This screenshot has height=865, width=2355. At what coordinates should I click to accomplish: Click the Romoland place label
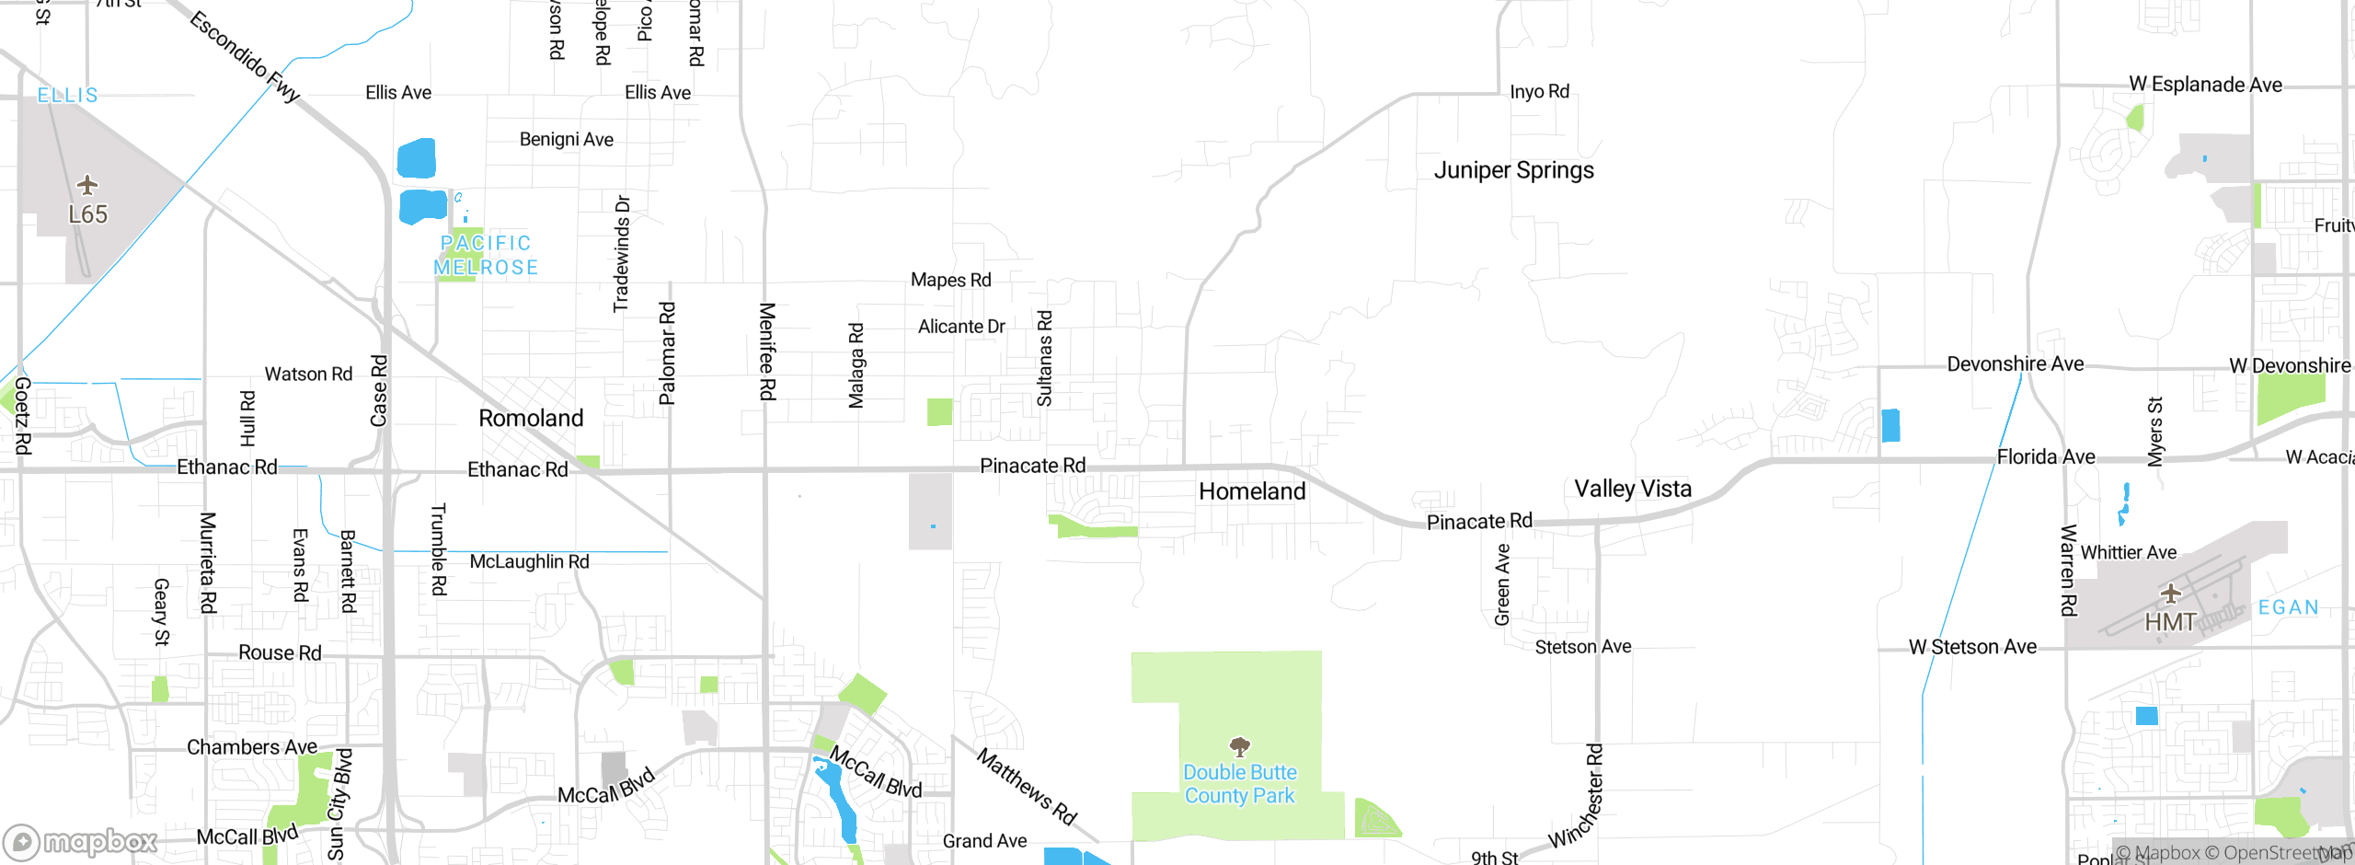pos(531,419)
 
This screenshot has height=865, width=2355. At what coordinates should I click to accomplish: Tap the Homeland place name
pos(1252,491)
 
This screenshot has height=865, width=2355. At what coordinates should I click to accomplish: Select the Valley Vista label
pos(1633,489)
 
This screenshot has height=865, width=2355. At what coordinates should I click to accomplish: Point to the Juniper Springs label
pos(1513,170)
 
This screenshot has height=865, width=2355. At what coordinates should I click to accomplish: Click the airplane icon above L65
pos(87,185)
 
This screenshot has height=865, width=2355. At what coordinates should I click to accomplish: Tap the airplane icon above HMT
pos(2170,593)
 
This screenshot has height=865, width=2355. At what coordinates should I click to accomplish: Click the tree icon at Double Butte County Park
pos(1239,745)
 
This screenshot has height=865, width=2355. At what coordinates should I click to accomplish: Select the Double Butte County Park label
pos(1239,784)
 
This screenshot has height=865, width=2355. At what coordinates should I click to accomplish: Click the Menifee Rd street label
pos(767,352)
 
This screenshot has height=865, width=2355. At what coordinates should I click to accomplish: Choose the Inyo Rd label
pos(1539,92)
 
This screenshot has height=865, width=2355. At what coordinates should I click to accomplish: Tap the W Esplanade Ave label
pos(2205,85)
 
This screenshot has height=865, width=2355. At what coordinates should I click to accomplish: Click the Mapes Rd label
pos(950,280)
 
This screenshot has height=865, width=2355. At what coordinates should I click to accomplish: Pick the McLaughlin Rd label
pos(529,561)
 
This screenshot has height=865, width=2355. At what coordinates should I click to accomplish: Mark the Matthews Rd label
pos(1026,787)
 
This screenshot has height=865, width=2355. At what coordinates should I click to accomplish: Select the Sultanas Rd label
pos(1044,359)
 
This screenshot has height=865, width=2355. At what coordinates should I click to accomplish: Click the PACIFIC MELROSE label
pos(486,255)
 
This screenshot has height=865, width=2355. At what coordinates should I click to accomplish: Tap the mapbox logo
pos(81,841)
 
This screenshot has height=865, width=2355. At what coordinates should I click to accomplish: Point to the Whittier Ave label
pos(2129,552)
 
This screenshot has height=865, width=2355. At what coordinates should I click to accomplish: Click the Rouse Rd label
pos(280,652)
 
